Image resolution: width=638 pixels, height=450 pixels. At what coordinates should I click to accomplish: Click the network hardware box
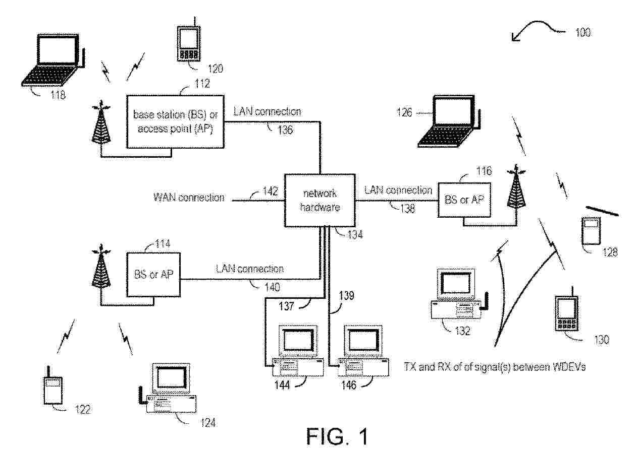320,200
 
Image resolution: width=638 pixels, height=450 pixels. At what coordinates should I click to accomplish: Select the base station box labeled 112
175,121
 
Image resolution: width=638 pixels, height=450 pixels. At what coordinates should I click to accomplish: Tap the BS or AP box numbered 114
154,277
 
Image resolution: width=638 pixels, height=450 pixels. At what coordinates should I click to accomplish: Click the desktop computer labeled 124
170,390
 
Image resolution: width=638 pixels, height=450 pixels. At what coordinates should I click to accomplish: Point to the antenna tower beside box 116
516,187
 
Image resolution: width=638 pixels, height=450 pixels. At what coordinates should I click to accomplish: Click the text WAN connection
189,197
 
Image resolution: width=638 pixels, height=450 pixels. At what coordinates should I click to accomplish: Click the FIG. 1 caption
338,436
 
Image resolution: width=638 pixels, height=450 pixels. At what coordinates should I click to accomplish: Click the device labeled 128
590,231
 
